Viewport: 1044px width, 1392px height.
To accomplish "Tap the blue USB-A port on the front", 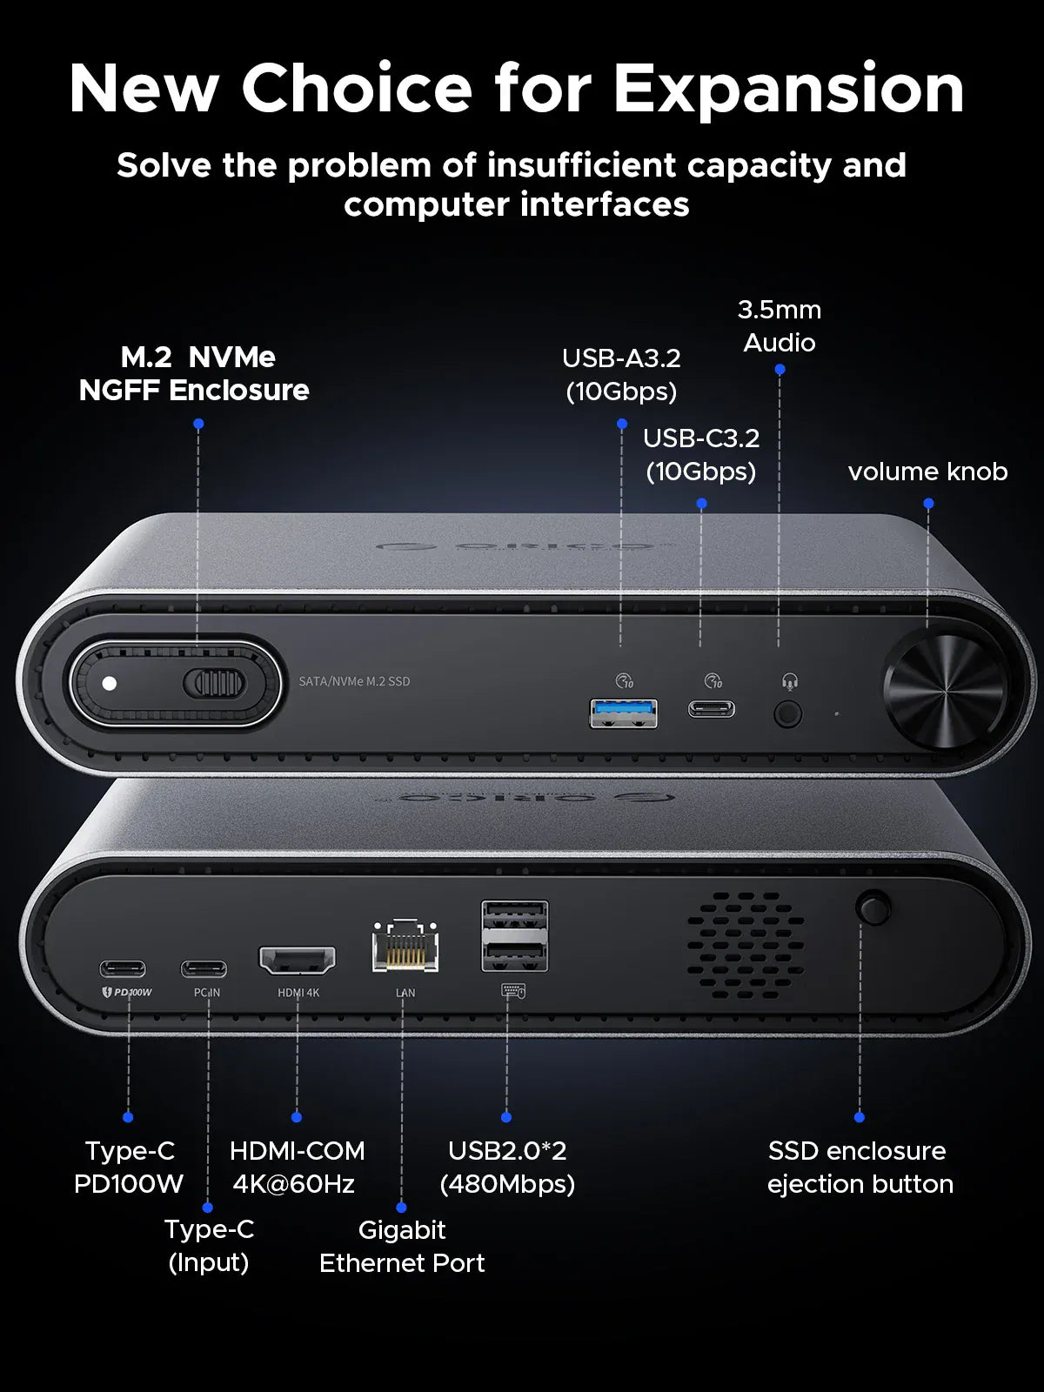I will pos(623,713).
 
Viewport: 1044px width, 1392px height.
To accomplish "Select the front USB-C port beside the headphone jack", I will pos(711,709).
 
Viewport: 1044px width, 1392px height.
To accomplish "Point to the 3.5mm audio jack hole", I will pos(787,714).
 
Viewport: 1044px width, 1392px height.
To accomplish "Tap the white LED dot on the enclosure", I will pos(110,683).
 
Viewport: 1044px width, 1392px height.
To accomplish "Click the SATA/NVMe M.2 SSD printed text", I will pos(354,681).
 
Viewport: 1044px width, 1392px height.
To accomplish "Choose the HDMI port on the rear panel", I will pos(298,960).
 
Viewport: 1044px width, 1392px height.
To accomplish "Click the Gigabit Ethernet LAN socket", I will pos(405,947).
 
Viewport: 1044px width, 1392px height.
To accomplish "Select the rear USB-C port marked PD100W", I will pos(123,968).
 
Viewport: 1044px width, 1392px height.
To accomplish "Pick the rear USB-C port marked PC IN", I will pos(204,968).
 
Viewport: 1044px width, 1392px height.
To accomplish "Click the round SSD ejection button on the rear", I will pos(873,907).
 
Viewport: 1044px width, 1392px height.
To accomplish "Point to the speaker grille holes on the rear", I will pos(746,946).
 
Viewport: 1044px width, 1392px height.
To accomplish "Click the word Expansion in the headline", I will pos(788,89).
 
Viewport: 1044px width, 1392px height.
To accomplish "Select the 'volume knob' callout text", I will pos(927,472).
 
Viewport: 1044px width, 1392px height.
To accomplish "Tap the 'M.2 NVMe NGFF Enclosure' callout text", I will pos(194,373).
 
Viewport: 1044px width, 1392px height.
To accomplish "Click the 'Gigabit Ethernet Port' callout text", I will pos(402,1246).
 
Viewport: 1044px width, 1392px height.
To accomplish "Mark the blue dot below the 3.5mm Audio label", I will pos(780,370).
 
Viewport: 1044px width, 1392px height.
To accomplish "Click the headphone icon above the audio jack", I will pos(789,681).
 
